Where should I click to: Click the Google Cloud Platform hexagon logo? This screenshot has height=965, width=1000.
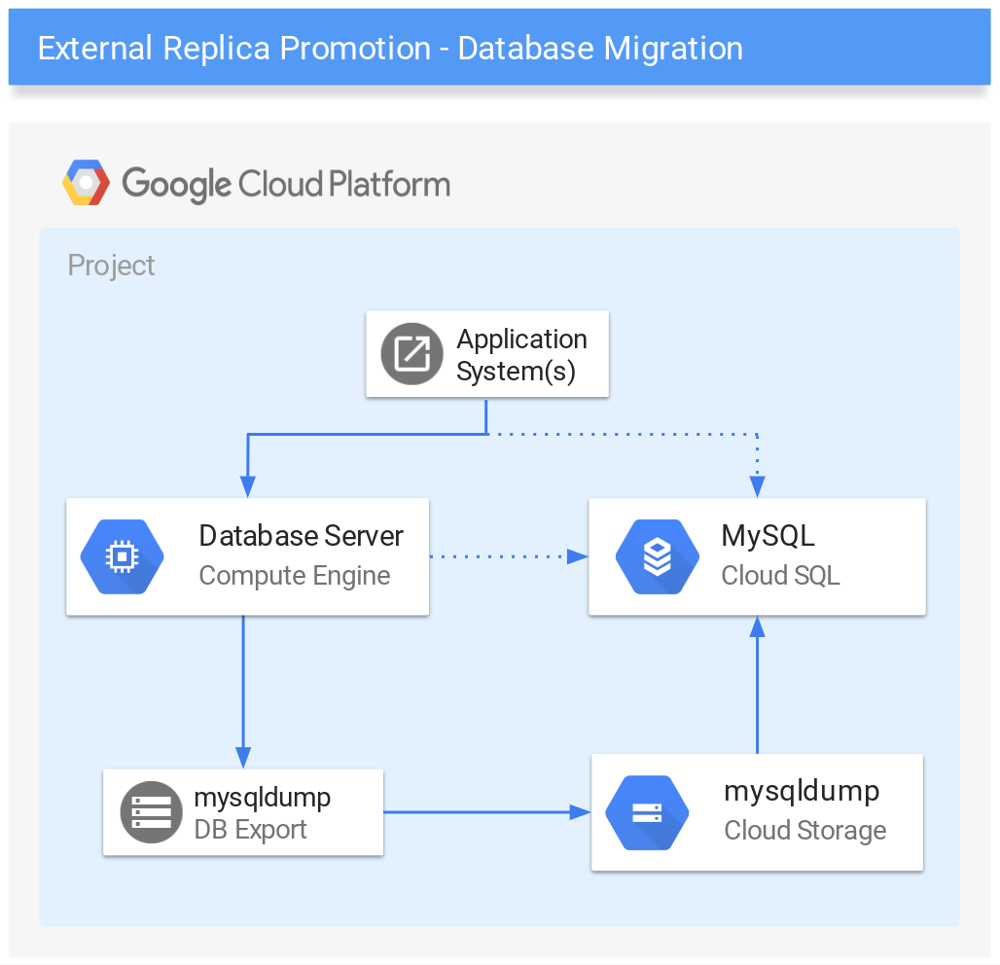click(x=87, y=183)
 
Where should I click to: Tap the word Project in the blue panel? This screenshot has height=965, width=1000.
click(x=111, y=266)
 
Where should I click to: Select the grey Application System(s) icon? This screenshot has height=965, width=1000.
click(x=412, y=354)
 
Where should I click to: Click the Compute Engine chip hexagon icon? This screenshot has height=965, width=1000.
click(x=122, y=556)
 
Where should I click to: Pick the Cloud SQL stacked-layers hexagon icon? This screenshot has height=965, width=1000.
click(x=658, y=556)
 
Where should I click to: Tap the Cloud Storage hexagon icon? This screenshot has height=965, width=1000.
click(x=647, y=812)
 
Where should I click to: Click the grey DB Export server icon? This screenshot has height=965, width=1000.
click(x=151, y=812)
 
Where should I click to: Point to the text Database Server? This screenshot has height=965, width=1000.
click(x=301, y=536)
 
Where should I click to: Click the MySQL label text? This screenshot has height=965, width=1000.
click(x=768, y=536)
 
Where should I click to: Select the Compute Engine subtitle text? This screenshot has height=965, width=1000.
click(x=295, y=576)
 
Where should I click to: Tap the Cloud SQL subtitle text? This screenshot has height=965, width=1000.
click(x=780, y=575)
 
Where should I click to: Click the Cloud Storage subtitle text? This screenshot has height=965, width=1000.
click(x=804, y=831)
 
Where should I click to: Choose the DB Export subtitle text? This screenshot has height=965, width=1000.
click(x=250, y=830)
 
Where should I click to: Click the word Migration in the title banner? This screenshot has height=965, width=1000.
click(x=673, y=49)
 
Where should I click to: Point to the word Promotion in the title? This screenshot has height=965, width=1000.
click(x=356, y=49)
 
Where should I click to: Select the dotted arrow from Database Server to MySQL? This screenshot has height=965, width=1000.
click(x=509, y=556)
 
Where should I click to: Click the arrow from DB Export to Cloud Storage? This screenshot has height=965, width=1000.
click(x=487, y=812)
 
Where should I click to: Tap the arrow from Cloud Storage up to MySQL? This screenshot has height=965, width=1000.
click(x=757, y=685)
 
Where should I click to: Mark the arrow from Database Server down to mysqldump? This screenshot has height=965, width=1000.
click(x=243, y=692)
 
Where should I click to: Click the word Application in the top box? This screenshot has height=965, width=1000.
click(x=521, y=340)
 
